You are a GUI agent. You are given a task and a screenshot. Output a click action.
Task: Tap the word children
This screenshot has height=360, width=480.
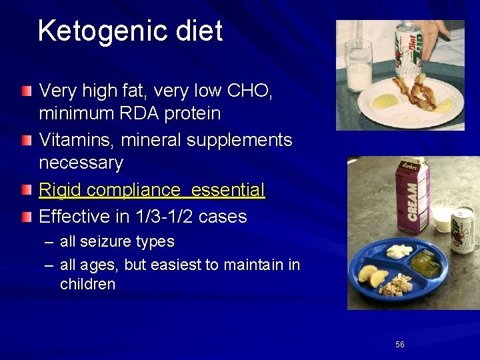pos(87,284)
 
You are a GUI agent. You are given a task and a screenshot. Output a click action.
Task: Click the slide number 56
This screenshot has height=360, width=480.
pos(400,345)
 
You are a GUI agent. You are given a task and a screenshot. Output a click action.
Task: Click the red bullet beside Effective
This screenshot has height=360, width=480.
pos(25,217)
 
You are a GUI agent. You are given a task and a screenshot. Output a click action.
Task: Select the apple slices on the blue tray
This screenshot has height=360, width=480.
pos(373,275)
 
